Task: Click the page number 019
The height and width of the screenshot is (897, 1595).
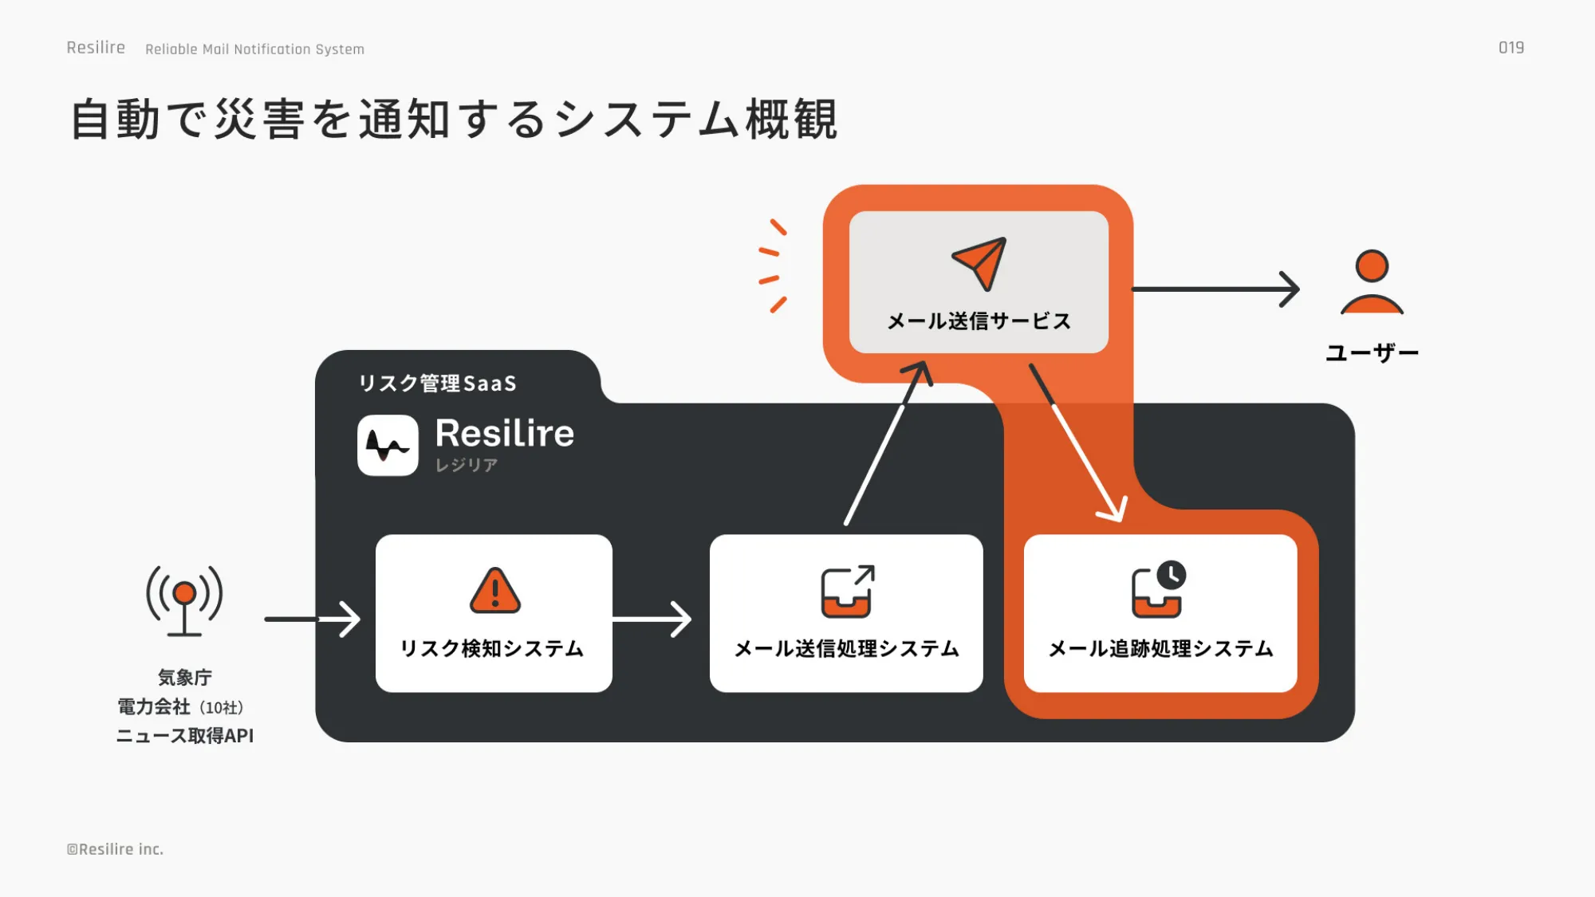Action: [x=1510, y=48]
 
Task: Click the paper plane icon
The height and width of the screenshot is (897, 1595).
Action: [x=979, y=263]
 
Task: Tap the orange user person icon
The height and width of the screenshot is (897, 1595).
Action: [x=1372, y=282]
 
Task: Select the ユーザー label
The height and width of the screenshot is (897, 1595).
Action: [x=1372, y=352]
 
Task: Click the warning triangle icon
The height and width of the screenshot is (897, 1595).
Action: [x=495, y=591]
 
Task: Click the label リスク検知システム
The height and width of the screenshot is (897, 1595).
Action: [x=492, y=648]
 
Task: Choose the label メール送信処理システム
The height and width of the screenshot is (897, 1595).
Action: [x=846, y=648]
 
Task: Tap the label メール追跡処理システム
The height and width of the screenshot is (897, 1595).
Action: [x=1160, y=648]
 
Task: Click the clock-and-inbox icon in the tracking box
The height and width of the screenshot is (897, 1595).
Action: [x=1159, y=589]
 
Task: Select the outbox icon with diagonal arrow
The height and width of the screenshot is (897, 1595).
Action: [x=847, y=591]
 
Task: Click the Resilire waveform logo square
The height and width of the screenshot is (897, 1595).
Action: [x=388, y=445]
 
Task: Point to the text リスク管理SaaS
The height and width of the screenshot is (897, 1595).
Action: [x=437, y=384]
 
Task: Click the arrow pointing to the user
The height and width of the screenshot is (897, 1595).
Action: [x=1216, y=289]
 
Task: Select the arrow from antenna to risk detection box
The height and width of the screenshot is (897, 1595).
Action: [x=313, y=619]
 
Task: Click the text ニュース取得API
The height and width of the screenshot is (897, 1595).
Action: [x=185, y=735]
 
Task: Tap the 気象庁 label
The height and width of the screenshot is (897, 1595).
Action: [x=185, y=677]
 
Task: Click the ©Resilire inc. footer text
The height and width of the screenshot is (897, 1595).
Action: [x=115, y=849]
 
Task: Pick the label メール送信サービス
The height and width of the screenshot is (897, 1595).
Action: [x=979, y=321]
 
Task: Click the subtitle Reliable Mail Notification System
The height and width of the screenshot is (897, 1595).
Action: [x=254, y=49]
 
